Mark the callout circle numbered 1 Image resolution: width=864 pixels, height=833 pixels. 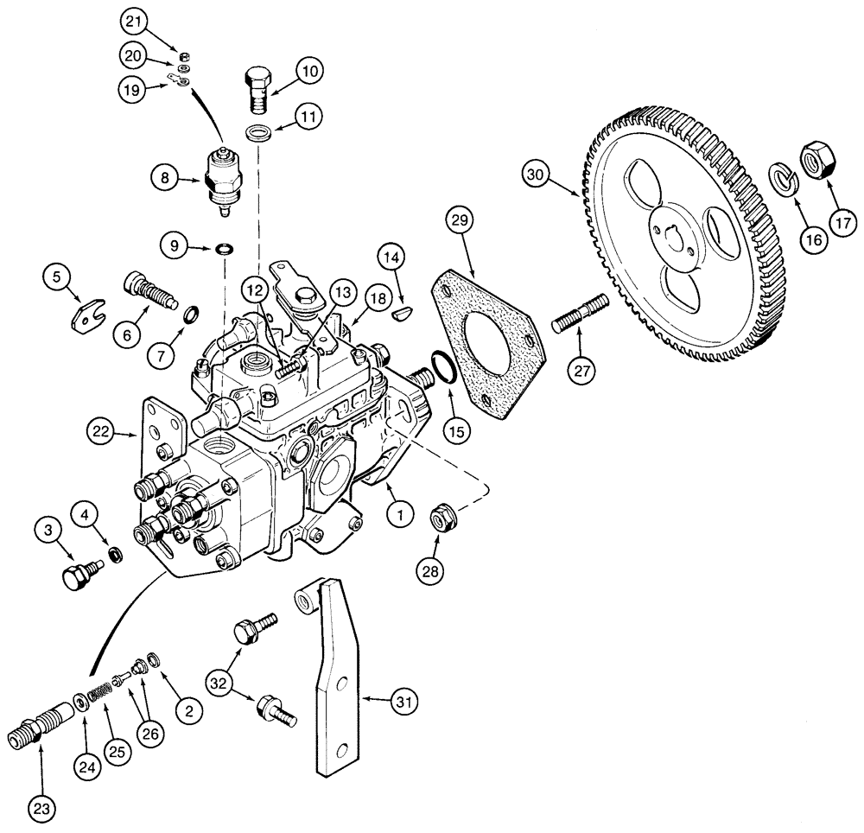coord(400,516)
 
